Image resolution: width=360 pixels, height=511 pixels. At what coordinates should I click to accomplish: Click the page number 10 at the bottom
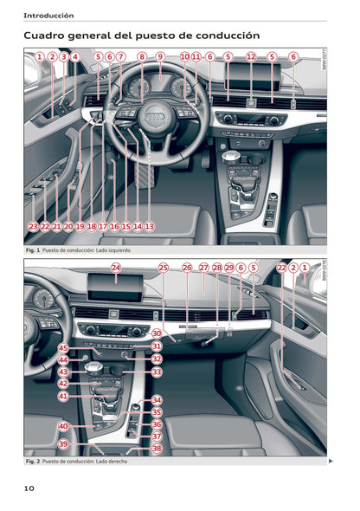point(29,488)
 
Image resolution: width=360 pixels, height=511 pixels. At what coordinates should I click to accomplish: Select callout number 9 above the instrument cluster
point(160,57)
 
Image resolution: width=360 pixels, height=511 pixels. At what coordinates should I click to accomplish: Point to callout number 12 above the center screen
point(251,57)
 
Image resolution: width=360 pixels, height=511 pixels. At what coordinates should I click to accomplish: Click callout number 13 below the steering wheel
point(149,226)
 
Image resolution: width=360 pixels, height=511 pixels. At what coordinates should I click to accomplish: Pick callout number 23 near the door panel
point(33,226)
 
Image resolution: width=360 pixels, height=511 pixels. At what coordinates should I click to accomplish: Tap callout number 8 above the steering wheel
point(142,57)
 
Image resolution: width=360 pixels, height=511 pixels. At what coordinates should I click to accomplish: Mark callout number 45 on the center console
point(62,347)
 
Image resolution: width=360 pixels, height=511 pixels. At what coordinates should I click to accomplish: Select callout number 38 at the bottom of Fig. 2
point(157,449)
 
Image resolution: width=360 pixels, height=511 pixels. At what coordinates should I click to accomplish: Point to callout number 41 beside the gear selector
point(62,396)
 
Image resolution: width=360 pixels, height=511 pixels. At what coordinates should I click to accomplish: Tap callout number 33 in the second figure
point(157,372)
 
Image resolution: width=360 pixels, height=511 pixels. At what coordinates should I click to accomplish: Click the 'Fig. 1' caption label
point(33,249)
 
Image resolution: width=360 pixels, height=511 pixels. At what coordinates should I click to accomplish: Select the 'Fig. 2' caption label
point(33,461)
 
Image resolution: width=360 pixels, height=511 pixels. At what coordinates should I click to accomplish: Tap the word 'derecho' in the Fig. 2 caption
point(114,461)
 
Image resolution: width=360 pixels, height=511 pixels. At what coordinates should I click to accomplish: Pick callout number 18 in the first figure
point(91,226)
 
